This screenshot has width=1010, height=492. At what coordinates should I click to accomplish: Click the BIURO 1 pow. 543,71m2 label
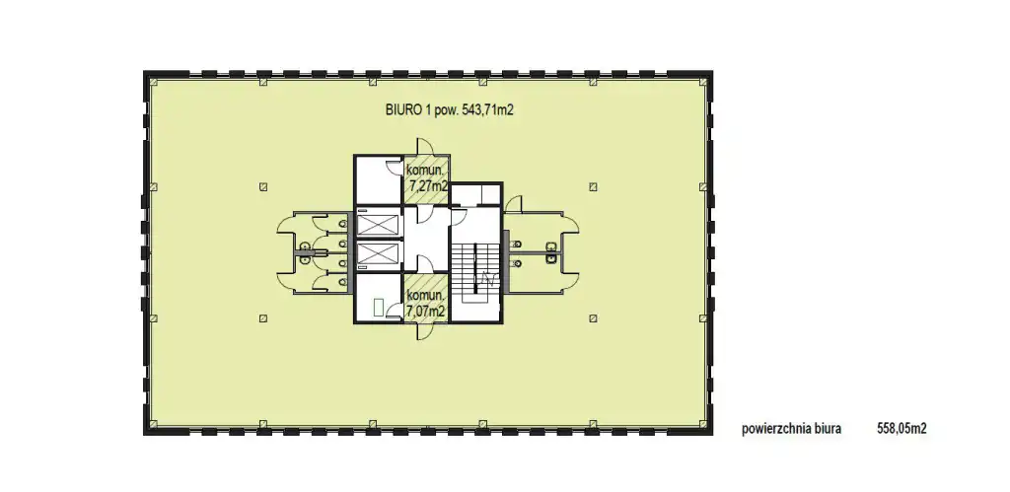[x=449, y=110]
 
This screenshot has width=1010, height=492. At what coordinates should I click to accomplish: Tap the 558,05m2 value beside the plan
[x=902, y=428]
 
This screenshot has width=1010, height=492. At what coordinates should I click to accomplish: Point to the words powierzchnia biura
[x=791, y=429]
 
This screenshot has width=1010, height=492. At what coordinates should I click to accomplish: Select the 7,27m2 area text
[x=426, y=186]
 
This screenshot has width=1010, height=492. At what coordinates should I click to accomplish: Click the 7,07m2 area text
[x=426, y=311]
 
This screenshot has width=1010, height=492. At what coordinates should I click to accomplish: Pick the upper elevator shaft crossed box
[x=378, y=226]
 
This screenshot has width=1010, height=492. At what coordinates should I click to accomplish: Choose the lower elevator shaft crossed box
[x=378, y=252]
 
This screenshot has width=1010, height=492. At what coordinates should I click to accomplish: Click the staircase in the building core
[x=474, y=270]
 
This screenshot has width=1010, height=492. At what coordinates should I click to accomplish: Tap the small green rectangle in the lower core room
[x=379, y=308]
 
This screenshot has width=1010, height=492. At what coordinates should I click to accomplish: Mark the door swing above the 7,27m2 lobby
[x=426, y=146]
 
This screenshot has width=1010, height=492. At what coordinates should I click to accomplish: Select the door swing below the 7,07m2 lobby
[x=425, y=331]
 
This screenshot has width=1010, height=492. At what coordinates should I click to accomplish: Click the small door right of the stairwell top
[x=513, y=204]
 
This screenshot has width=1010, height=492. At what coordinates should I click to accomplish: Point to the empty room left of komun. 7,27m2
[x=379, y=180]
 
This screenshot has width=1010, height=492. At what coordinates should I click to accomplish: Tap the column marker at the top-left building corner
[x=153, y=81]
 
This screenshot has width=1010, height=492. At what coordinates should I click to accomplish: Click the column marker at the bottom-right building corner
[x=703, y=424]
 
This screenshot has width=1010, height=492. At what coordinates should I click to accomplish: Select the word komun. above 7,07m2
[x=425, y=296]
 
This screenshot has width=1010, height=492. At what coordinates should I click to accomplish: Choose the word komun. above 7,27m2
[x=425, y=171]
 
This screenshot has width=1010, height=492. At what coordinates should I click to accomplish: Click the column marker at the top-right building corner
[x=703, y=81]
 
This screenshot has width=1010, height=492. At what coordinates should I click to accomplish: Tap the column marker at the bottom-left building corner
[x=153, y=424]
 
